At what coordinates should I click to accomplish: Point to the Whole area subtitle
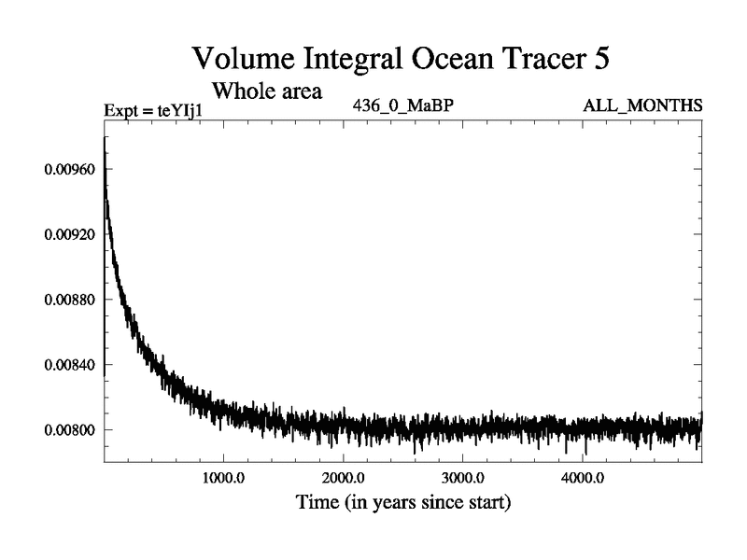267,91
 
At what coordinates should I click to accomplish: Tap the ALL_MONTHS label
642,106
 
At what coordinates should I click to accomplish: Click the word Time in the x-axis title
317,503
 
